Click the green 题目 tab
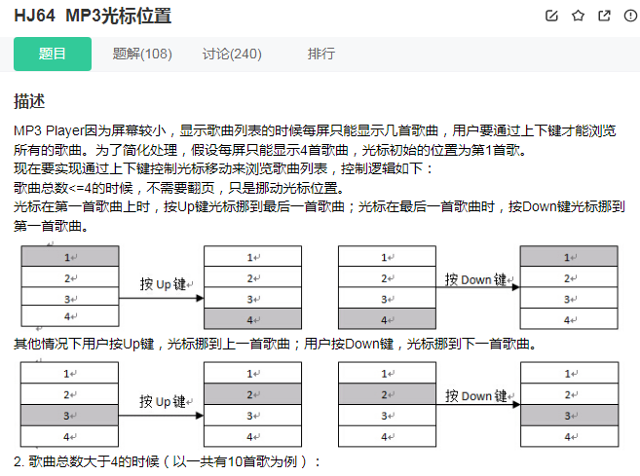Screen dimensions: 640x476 point(53,54)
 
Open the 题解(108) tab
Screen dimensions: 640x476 point(142,54)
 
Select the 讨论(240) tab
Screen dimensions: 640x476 point(232,54)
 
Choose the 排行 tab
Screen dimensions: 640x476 point(320,54)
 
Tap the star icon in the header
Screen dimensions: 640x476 point(578,16)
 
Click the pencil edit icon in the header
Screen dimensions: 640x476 point(552,16)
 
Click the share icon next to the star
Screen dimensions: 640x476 point(604,16)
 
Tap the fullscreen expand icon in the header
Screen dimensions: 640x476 point(629,16)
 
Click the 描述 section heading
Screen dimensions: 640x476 point(29,101)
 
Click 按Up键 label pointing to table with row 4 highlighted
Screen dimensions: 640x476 point(163,283)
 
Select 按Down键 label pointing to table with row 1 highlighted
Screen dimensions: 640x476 point(475,279)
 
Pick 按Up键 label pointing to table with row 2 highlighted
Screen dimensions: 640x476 point(163,400)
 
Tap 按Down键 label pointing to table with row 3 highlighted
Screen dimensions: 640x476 point(475,395)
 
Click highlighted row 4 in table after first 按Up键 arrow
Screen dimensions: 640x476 point(252,319)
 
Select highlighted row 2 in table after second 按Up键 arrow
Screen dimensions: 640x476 point(252,395)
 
